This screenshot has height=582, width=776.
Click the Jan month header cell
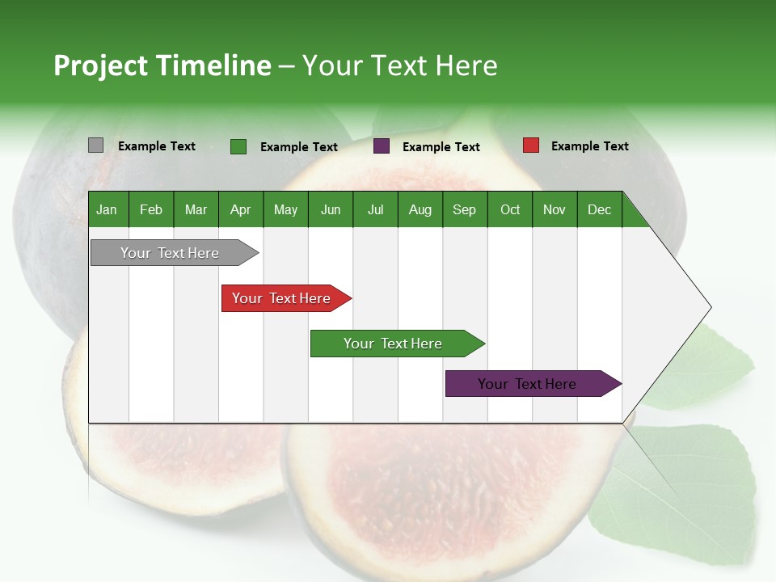tap(108, 209)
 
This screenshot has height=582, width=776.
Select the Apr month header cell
tap(241, 209)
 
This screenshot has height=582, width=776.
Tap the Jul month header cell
tap(375, 209)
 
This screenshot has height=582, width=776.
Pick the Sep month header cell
tap(465, 209)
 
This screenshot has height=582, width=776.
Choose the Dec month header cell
tap(599, 209)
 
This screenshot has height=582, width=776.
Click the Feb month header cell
tap(151, 209)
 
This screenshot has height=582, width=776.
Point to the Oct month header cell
tap(510, 209)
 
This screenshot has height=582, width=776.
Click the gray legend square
tap(95, 145)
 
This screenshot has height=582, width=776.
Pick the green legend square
tap(238, 146)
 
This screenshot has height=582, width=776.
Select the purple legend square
tap(382, 146)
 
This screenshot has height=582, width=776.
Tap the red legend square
tap(530, 145)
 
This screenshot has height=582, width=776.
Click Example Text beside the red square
tap(589, 146)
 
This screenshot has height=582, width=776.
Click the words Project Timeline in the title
tap(162, 65)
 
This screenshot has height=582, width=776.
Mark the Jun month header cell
tap(331, 209)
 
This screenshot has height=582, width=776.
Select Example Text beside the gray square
tap(157, 146)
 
